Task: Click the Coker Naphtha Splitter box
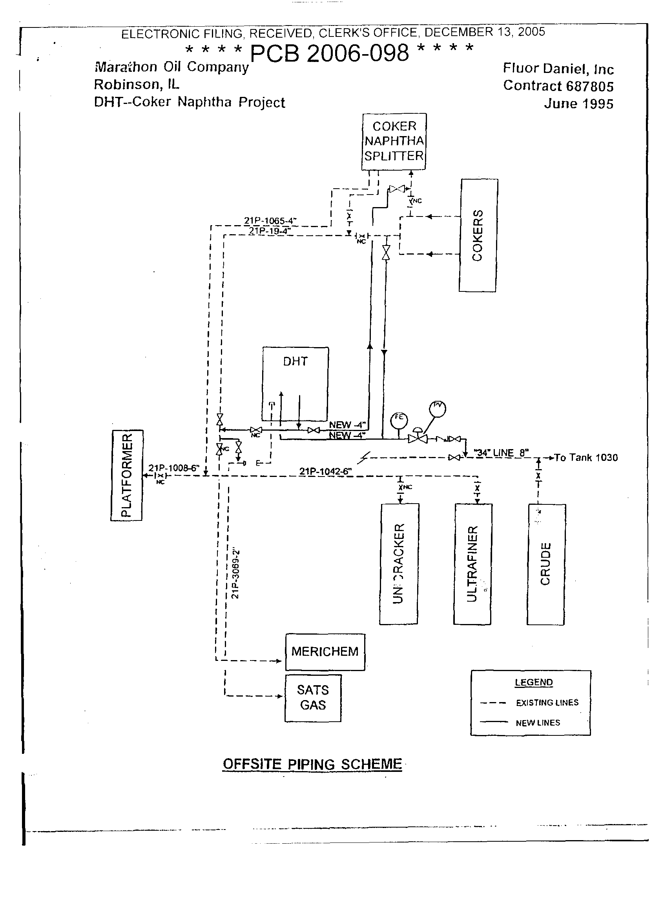click(x=394, y=141)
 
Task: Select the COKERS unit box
click(x=478, y=235)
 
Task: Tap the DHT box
click(x=295, y=384)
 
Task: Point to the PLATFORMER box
click(x=126, y=475)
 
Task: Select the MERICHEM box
click(x=325, y=651)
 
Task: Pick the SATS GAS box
click(x=313, y=698)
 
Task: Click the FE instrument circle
click(x=399, y=421)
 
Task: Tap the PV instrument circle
click(x=438, y=409)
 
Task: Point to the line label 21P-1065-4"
click(x=270, y=220)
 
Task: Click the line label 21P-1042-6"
click(x=325, y=471)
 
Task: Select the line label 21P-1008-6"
click(x=174, y=468)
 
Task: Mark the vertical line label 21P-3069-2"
click(x=235, y=573)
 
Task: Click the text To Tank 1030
click(x=586, y=457)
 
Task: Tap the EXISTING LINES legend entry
click(x=547, y=703)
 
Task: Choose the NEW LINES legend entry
click(x=538, y=723)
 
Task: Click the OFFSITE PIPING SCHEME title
click(x=312, y=764)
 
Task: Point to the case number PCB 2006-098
click(x=329, y=53)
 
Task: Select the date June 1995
click(x=578, y=104)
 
